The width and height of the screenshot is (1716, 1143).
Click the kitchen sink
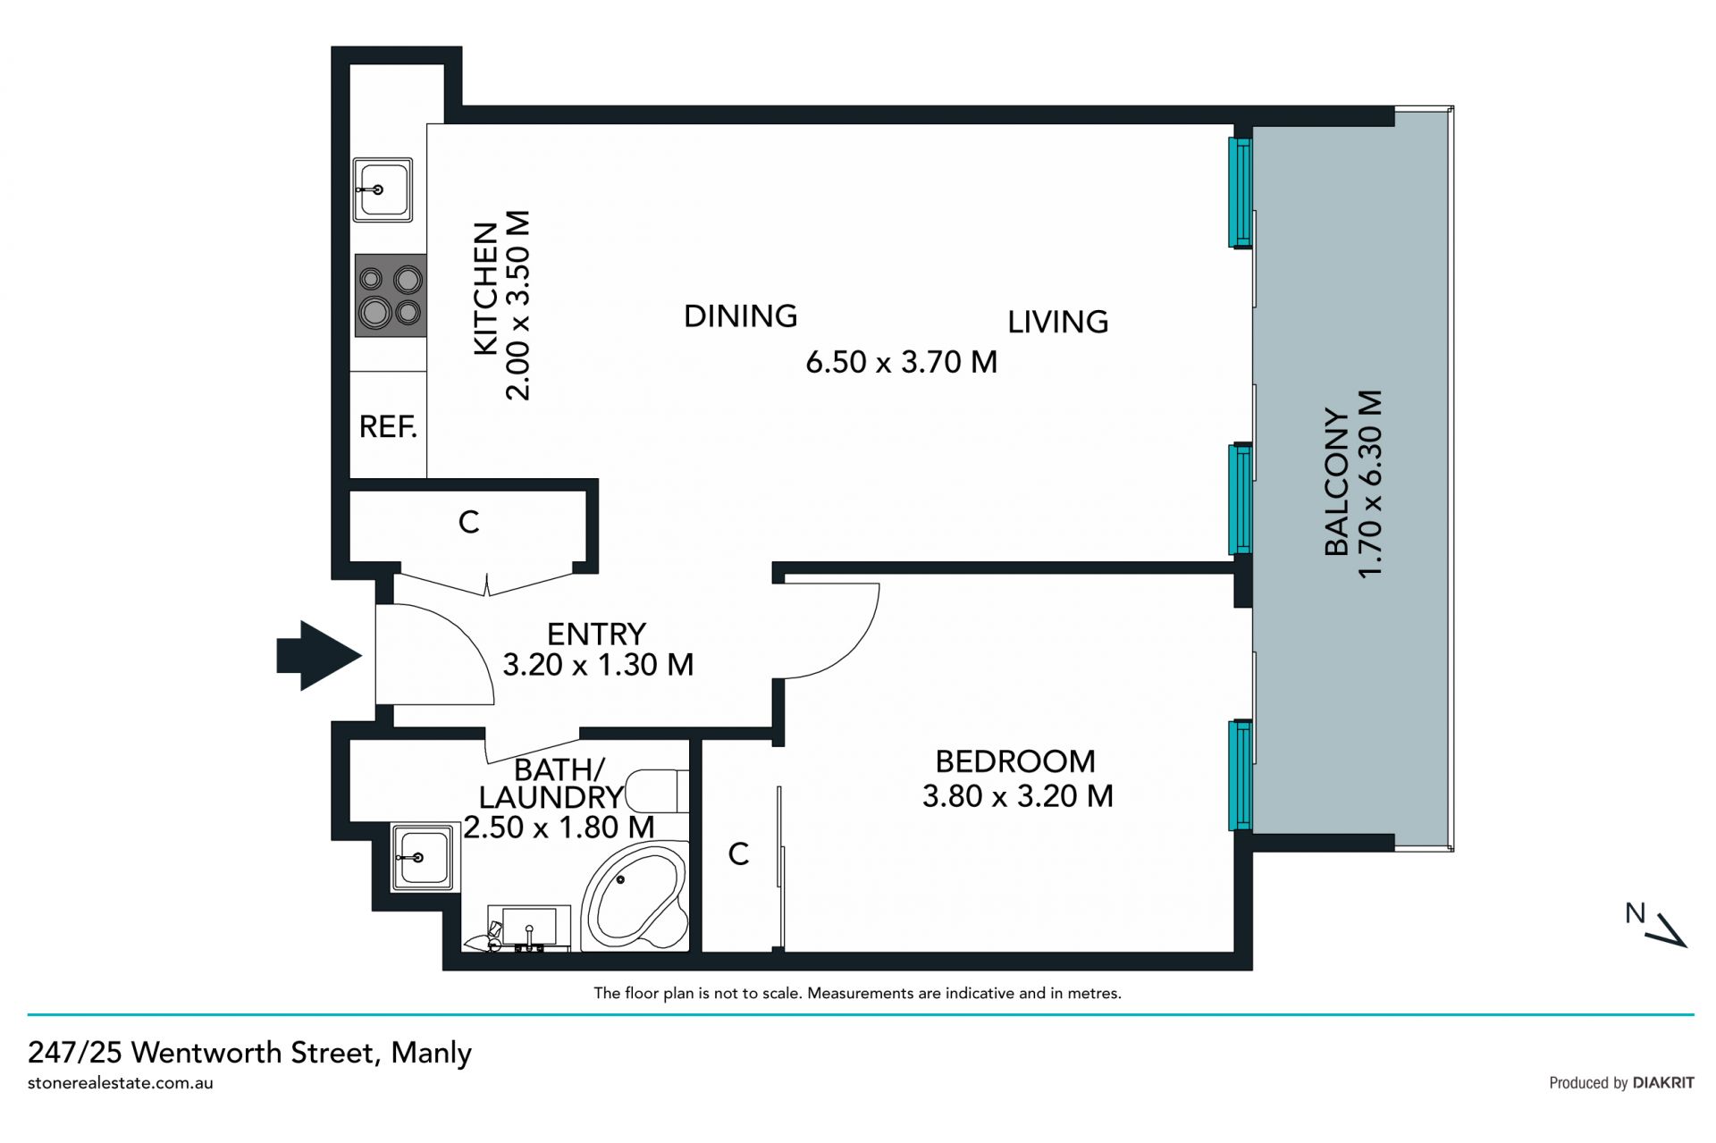click(383, 189)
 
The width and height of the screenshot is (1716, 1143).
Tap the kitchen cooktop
click(391, 296)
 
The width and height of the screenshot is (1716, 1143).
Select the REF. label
click(388, 427)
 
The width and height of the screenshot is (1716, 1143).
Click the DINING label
click(740, 315)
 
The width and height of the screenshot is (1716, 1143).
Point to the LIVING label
click(1058, 322)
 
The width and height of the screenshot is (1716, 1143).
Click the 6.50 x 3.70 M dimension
click(901, 362)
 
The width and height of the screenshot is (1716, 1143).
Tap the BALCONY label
click(1336, 483)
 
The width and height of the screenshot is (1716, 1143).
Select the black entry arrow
click(319, 656)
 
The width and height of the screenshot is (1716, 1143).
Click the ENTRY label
click(596, 635)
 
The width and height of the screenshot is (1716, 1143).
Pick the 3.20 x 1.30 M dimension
click(598, 665)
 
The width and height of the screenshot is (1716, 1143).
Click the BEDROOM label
click(1015, 761)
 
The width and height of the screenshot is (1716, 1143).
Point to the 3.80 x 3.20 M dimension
click(1018, 796)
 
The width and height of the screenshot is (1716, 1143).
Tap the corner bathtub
click(635, 896)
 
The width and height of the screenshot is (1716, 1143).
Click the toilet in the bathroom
click(658, 791)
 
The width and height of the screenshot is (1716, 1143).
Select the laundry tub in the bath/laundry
click(422, 858)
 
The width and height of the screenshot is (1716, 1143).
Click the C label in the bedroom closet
click(738, 854)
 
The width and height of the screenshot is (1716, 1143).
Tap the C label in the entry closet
click(468, 522)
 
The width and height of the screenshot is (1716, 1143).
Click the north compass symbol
click(1655, 925)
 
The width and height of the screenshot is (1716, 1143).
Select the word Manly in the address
click(431, 1053)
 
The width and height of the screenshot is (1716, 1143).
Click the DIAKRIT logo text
click(1663, 1082)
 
